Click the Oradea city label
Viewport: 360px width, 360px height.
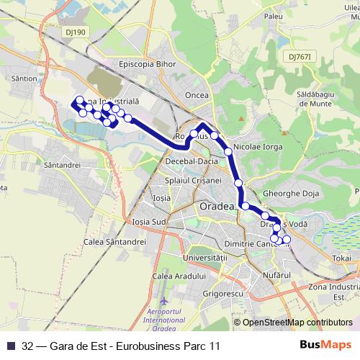coord(216,207)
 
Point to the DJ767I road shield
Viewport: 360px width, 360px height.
coord(302,56)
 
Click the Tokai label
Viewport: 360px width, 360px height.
coord(342,258)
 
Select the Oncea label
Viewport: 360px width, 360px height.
coord(197,94)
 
